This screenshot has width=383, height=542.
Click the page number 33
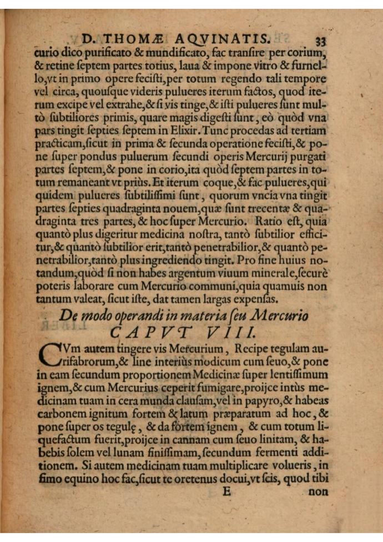point(322,40)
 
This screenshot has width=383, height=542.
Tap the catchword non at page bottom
point(318,491)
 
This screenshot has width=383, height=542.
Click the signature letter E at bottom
point(226,491)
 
